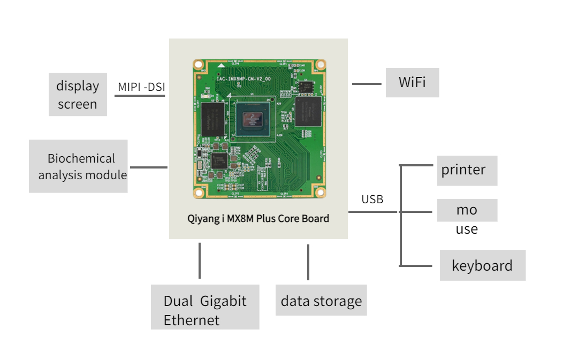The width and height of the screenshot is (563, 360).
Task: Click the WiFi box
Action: point(412,82)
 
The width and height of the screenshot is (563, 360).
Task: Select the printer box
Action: point(467,171)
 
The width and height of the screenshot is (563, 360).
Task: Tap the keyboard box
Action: point(483,265)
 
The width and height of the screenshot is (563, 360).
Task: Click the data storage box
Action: point(321,300)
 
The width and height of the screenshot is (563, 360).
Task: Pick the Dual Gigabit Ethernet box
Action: point(205,307)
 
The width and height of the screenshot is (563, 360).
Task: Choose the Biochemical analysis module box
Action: point(78,166)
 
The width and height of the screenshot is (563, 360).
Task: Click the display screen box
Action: point(78,94)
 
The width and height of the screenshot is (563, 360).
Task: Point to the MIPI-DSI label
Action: point(141,87)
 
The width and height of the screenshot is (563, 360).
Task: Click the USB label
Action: point(372,199)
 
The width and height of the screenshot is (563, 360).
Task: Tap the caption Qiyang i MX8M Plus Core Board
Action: point(258,219)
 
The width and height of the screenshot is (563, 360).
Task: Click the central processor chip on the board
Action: point(253,119)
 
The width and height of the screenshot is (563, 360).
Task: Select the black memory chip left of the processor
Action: point(213,119)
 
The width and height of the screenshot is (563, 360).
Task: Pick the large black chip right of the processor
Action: point(308,111)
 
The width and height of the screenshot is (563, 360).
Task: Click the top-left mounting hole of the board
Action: point(198,65)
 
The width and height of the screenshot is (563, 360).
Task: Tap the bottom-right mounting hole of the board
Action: point(321,193)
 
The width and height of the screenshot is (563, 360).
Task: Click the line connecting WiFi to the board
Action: point(367,84)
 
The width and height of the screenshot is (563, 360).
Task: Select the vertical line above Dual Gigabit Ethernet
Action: point(200,260)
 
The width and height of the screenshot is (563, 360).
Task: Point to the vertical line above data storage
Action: point(308,262)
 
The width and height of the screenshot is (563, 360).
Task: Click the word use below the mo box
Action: point(467,229)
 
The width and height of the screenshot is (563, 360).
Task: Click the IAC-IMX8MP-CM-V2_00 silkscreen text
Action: point(244,79)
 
